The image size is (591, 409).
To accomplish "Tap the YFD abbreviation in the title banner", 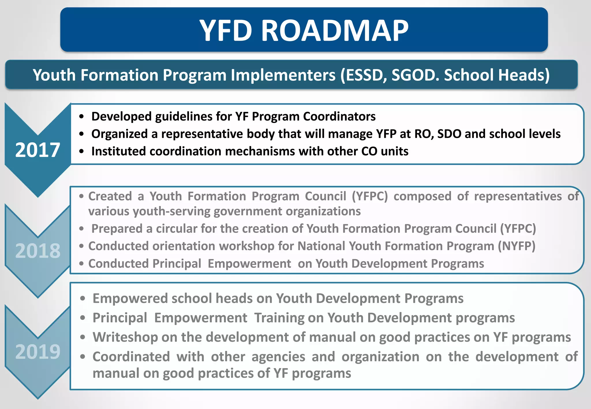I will pos(226,31).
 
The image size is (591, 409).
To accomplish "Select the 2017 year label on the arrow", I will pos(38,150).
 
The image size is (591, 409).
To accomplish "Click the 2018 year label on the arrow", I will pos(38,251).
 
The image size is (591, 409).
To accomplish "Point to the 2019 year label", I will pos(38,352).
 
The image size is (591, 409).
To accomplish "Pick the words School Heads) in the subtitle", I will pos(496,75).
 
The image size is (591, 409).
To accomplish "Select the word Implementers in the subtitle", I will pos(283,75).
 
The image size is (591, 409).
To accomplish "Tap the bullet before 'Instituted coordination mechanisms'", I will pos(82,151).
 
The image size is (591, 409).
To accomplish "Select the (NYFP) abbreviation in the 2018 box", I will pos(517,246).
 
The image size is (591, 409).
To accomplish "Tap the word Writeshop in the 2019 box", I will pos(125,337).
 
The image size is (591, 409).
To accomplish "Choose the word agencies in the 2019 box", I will pos(278,357).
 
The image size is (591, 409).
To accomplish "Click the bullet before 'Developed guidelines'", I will pos(82,117).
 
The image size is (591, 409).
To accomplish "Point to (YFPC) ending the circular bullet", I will pos(518,229).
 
